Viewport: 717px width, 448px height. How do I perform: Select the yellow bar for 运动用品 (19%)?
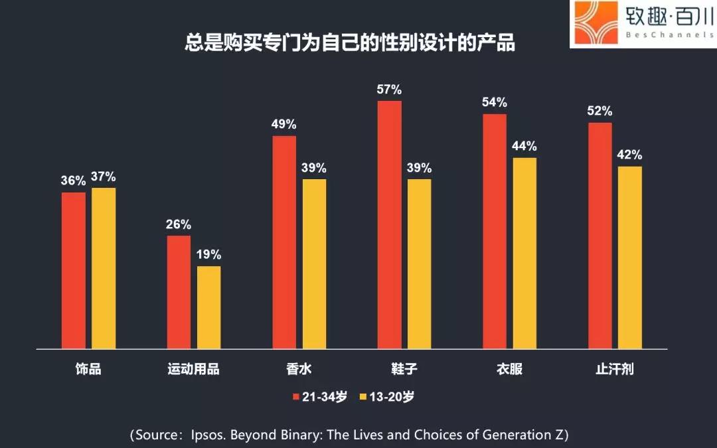(208, 307)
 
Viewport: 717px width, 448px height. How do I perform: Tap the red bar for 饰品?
(74, 270)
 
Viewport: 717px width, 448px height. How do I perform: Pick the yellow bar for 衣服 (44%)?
(524, 253)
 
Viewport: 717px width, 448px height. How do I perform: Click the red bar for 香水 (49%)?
(284, 242)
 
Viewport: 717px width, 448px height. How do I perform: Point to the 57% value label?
(390, 90)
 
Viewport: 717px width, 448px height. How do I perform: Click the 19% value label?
(208, 255)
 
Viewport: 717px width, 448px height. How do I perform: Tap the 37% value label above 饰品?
(104, 177)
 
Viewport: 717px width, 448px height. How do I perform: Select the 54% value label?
(495, 102)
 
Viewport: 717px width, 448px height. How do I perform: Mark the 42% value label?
(630, 155)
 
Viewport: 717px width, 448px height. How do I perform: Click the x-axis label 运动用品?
(193, 369)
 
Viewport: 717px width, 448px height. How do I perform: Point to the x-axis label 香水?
(299, 369)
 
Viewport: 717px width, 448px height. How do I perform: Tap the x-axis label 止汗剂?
(615, 369)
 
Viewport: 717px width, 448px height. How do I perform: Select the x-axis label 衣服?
(509, 369)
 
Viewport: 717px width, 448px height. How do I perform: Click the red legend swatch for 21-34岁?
(297, 397)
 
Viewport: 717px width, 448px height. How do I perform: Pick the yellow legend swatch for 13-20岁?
(362, 397)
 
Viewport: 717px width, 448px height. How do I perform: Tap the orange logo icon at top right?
(592, 23)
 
